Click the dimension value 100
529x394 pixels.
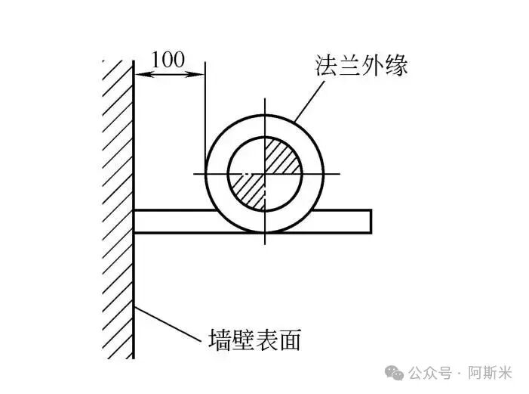click(168, 60)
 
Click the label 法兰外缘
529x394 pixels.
click(361, 65)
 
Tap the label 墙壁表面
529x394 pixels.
click(255, 340)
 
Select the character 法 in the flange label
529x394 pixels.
click(326, 65)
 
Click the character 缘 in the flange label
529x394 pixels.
click(397, 65)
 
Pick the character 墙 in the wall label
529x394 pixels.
click(220, 340)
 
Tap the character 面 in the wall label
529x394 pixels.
click(290, 340)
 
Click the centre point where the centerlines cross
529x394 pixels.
click(265, 174)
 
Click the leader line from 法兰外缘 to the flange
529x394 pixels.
click(309, 101)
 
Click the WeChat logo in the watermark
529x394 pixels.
click(395, 373)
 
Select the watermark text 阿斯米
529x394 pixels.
click(490, 373)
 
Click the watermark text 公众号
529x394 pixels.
click(430, 373)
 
